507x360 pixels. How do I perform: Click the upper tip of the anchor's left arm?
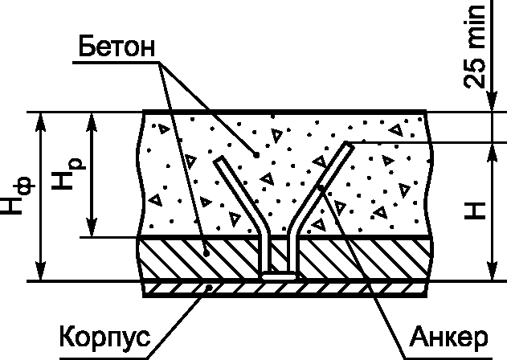217,161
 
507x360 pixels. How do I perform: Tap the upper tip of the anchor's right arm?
346,145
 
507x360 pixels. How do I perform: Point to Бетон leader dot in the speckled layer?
256,153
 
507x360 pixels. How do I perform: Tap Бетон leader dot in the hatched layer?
206,252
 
